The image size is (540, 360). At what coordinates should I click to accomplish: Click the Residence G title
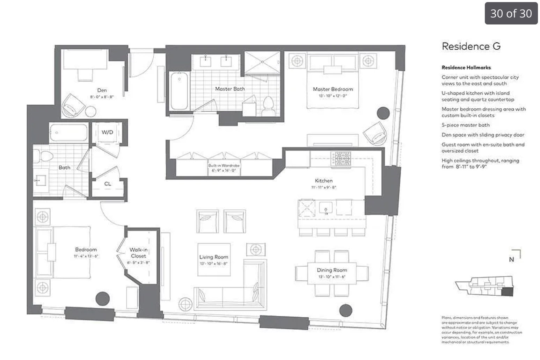[x=471, y=46]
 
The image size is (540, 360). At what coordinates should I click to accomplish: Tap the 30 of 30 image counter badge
[x=511, y=13]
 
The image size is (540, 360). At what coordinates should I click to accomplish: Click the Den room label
[x=102, y=90]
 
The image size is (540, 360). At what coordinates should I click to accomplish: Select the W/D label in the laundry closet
[x=107, y=132]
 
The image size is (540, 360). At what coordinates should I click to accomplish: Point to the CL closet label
[x=108, y=183]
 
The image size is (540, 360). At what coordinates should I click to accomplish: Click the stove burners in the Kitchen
[x=341, y=158]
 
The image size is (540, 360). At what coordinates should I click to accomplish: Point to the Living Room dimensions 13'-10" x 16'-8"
[x=213, y=264]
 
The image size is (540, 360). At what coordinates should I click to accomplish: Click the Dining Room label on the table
[x=332, y=270]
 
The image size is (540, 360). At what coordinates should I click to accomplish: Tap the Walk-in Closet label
[x=138, y=253]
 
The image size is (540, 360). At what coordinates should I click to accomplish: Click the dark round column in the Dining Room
[x=346, y=310]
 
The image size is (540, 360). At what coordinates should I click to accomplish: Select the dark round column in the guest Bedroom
[x=103, y=298]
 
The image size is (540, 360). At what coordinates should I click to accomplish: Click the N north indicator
[x=511, y=259]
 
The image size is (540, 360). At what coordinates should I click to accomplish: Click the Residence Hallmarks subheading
[x=466, y=67]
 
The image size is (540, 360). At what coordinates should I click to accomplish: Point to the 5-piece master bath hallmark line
[x=465, y=125]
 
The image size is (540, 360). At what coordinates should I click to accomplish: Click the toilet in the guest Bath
[x=45, y=156]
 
